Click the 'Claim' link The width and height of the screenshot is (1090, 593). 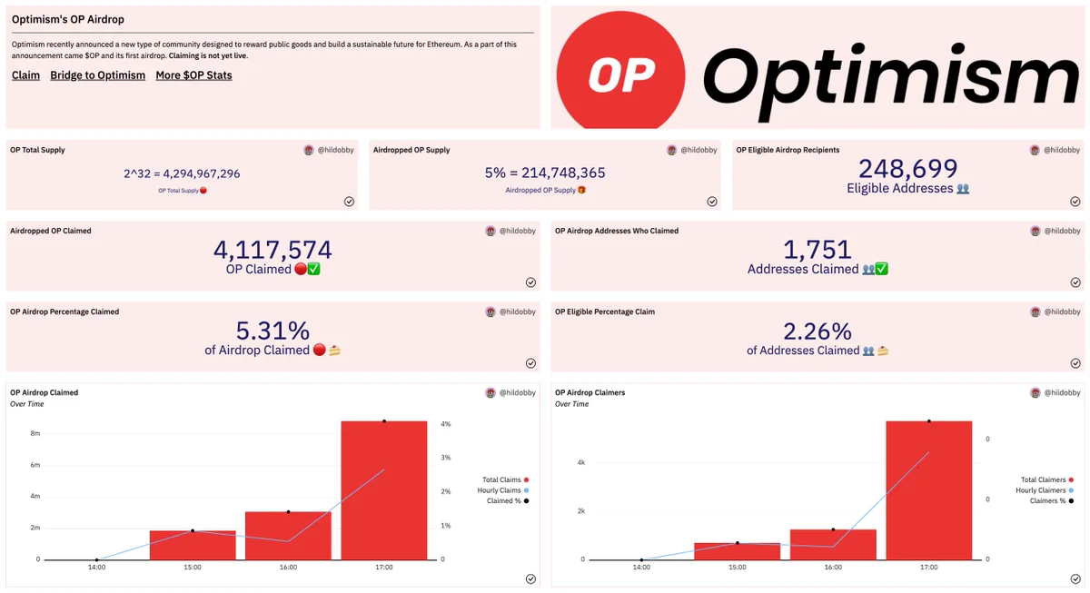point(25,75)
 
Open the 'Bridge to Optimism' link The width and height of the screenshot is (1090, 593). point(98,75)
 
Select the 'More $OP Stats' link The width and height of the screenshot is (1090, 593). point(193,75)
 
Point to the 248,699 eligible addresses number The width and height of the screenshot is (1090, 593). point(908,169)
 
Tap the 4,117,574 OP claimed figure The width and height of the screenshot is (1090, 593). point(272,250)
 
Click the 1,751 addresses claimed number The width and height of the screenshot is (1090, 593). point(817,250)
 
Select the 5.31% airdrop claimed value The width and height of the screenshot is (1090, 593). point(272,331)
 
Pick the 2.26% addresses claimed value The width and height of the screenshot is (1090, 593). point(817,331)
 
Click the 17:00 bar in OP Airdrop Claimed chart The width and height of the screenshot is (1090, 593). point(384,490)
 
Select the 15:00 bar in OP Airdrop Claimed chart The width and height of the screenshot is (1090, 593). point(193,546)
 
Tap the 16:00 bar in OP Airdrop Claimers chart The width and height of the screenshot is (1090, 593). point(833,545)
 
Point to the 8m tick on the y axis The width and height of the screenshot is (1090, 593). point(35,433)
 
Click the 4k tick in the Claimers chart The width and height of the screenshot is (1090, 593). point(581,462)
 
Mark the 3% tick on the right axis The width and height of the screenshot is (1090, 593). point(446,458)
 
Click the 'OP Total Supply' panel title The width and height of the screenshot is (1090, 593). point(37,150)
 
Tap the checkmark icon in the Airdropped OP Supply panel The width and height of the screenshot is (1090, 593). point(712,202)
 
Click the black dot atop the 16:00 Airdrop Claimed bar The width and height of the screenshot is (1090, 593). point(288,512)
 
